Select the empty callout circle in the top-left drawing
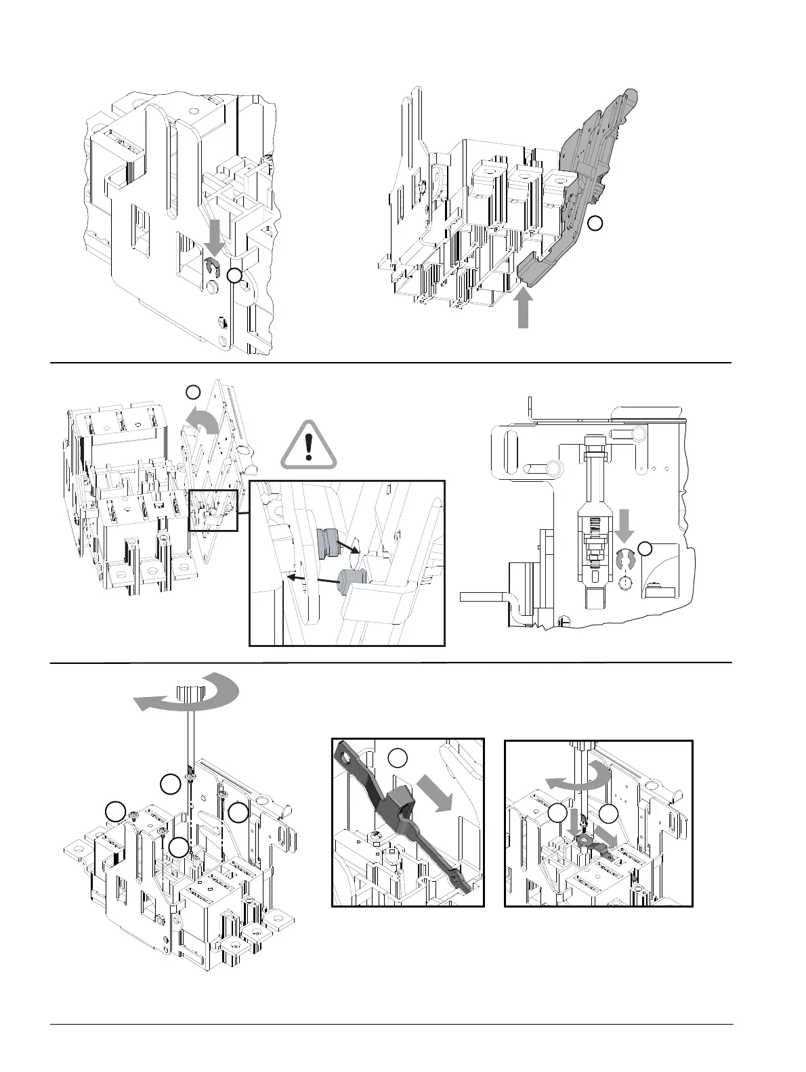click(x=234, y=275)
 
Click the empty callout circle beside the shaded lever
click(x=594, y=223)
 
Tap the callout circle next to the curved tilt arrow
click(x=193, y=391)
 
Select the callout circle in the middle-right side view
click(x=646, y=548)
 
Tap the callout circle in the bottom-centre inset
click(x=399, y=758)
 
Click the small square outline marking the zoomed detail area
click(x=213, y=510)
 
